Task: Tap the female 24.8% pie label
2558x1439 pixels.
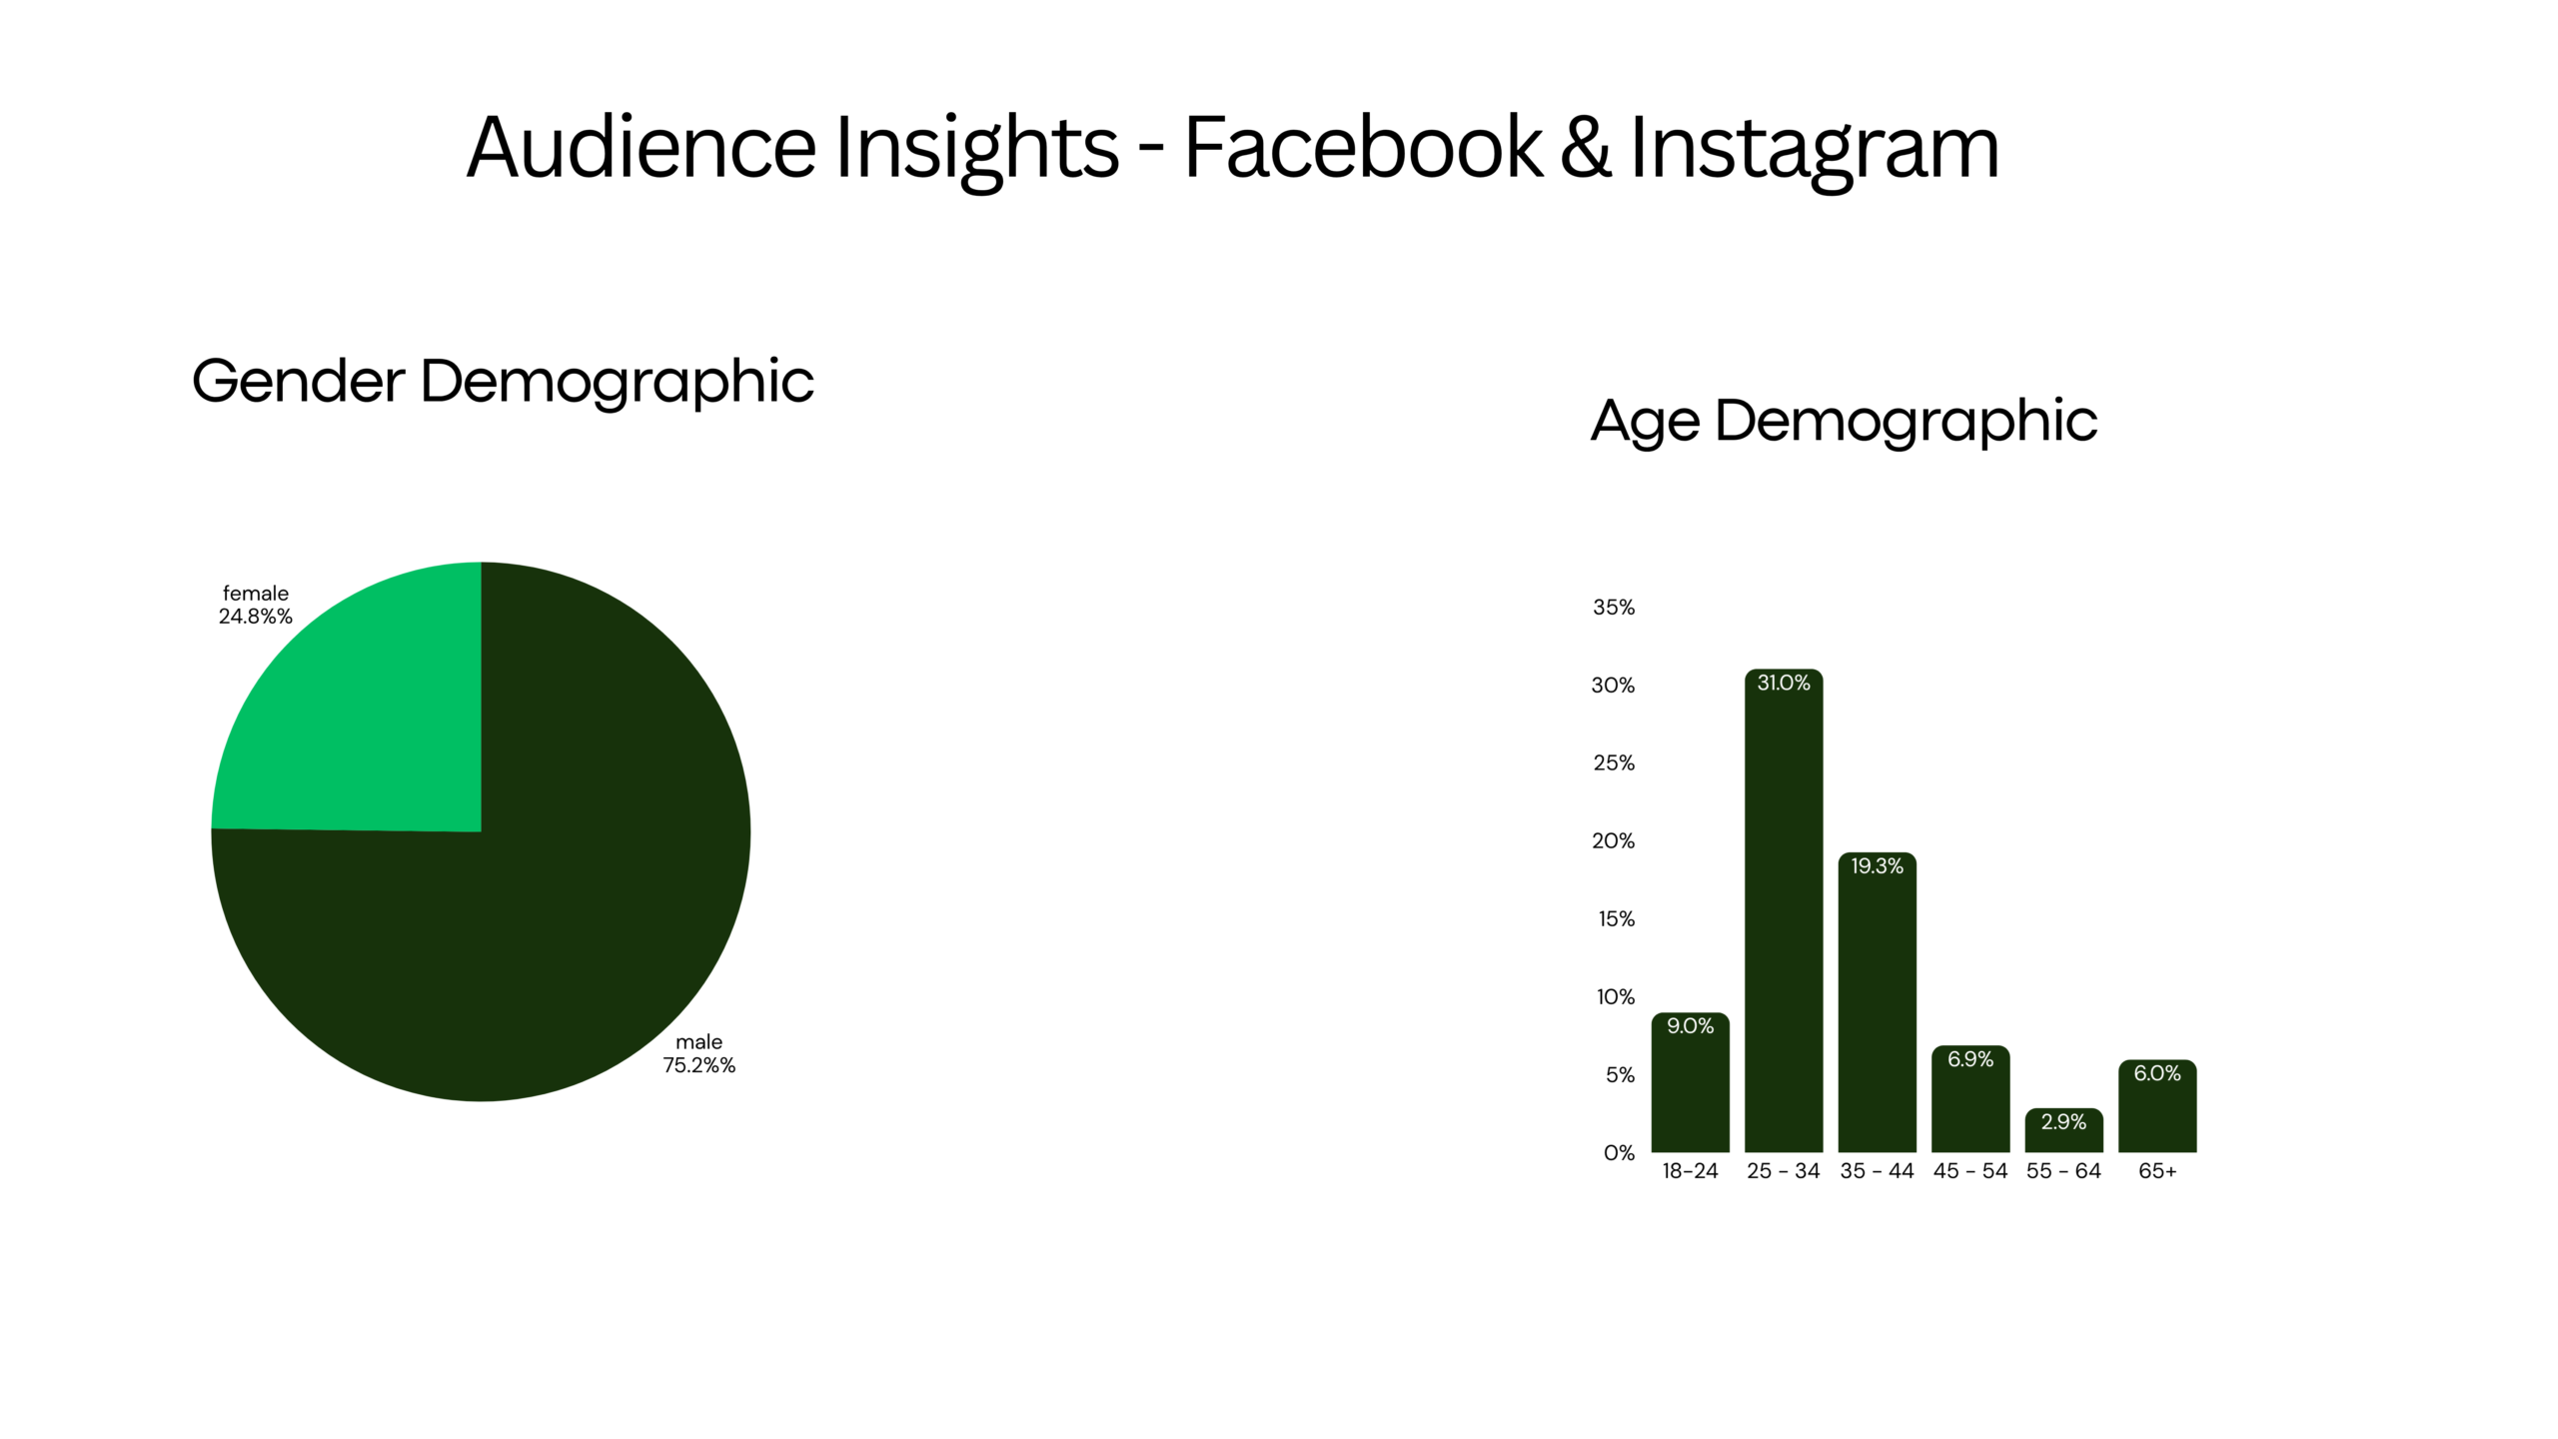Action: pyautogui.click(x=256, y=605)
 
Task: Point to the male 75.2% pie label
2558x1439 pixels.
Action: pyautogui.click(x=698, y=1053)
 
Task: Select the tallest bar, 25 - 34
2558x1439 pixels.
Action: pyautogui.click(x=1784, y=910)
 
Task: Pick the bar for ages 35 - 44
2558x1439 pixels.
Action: pyautogui.click(x=1877, y=1002)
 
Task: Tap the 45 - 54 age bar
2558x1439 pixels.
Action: pyautogui.click(x=1970, y=1099)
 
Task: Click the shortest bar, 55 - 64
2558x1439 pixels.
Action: pyautogui.click(x=2063, y=1130)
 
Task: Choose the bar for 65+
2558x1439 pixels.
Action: pyautogui.click(x=2157, y=1106)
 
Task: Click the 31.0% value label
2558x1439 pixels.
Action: pyautogui.click(x=1784, y=683)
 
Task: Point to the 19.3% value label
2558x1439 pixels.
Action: pyautogui.click(x=1877, y=866)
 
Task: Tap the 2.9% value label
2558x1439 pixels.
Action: pyautogui.click(x=2063, y=1122)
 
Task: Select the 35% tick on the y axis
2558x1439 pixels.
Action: pyautogui.click(x=1614, y=608)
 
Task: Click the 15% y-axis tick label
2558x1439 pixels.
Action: pyautogui.click(x=1616, y=919)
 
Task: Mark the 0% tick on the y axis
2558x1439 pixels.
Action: pyautogui.click(x=1619, y=1153)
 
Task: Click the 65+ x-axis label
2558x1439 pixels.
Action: pyautogui.click(x=2157, y=1171)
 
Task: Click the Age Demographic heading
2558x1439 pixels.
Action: pyautogui.click(x=1844, y=421)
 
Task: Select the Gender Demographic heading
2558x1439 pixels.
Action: pyautogui.click(x=503, y=382)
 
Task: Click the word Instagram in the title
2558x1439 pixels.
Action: pyautogui.click(x=1814, y=149)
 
